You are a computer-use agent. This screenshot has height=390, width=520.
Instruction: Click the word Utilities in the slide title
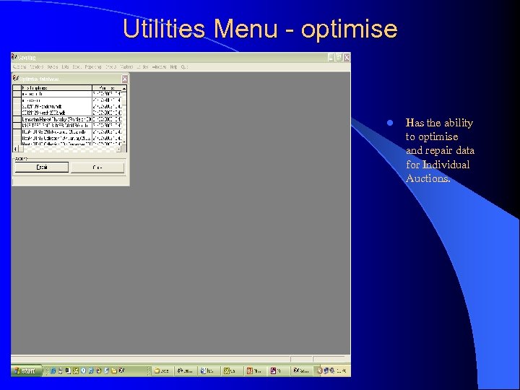coord(165,29)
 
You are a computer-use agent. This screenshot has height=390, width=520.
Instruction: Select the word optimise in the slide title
coord(349,29)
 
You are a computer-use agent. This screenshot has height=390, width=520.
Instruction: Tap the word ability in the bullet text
coord(459,123)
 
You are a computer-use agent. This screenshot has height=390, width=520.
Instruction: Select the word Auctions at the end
coord(428,178)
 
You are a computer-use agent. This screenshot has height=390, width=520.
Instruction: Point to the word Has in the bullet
coord(415,123)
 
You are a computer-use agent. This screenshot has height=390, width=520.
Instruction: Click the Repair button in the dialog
coord(41,167)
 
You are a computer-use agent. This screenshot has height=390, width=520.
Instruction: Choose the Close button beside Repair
coord(97,167)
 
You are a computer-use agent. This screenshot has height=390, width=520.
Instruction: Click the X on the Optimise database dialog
coord(124,79)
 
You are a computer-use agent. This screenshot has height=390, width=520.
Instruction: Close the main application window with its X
coord(347,57)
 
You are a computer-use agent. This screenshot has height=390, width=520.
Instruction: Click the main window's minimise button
coord(331,57)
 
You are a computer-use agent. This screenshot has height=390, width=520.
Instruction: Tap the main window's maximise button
coord(339,57)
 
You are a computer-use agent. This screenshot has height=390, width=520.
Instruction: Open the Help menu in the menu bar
coord(173,67)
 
